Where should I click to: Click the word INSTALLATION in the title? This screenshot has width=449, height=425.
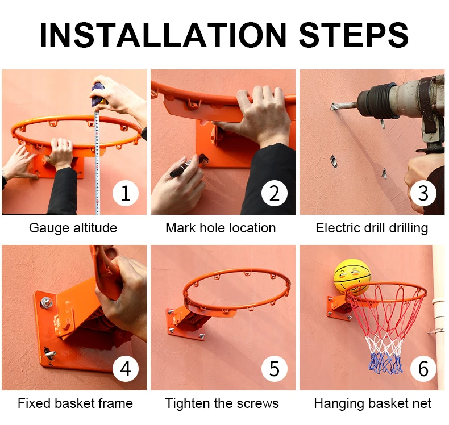163,35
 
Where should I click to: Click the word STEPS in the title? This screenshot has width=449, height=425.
354,35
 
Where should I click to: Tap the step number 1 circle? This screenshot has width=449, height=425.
126,193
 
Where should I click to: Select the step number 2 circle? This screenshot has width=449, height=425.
275,193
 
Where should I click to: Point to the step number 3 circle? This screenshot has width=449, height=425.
423,193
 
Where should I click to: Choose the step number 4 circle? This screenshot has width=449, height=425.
126,369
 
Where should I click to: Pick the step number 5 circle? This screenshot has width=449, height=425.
275,369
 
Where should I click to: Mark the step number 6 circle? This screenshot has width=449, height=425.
423,369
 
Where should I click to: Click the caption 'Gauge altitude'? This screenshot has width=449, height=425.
73,228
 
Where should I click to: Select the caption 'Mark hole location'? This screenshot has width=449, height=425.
221,228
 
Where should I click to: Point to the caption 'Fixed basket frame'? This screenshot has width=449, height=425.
76,403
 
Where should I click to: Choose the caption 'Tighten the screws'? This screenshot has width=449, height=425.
222,403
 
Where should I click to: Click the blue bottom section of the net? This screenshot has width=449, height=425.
386,364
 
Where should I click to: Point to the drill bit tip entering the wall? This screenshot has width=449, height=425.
333,107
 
